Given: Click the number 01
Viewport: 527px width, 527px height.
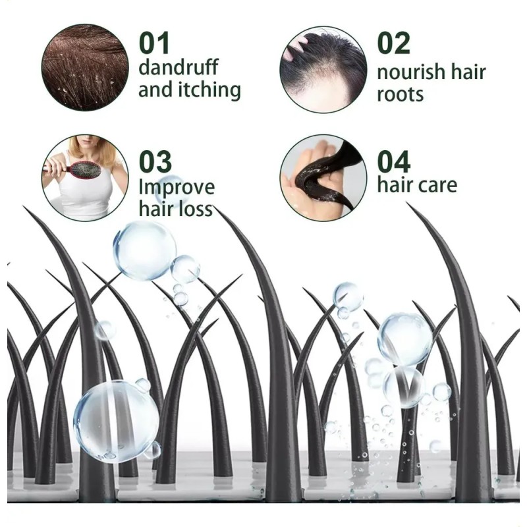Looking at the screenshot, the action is pyautogui.click(x=154, y=43).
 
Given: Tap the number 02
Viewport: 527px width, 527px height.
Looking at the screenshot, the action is pyautogui.click(x=393, y=43).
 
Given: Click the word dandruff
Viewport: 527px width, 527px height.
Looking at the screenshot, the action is pyautogui.click(x=179, y=67).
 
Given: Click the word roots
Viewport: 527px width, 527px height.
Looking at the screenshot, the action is pyautogui.click(x=400, y=94).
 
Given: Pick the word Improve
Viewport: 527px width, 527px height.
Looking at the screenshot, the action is pyautogui.click(x=177, y=188).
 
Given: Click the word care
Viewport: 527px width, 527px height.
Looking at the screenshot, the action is pyautogui.click(x=438, y=185).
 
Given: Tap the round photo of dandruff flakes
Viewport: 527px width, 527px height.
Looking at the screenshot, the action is pyautogui.click(x=85, y=68).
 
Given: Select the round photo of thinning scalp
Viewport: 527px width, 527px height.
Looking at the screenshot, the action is pyautogui.click(x=323, y=70).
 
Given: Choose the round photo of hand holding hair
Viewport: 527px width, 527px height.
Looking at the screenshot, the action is pyautogui.click(x=323, y=178).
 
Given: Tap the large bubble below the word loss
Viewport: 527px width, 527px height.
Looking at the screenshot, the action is pyautogui.click(x=145, y=250).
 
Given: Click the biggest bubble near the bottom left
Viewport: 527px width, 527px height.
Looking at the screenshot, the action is pyautogui.click(x=117, y=422).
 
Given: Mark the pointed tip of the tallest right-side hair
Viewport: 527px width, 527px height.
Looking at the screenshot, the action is pyautogui.click(x=407, y=203).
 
